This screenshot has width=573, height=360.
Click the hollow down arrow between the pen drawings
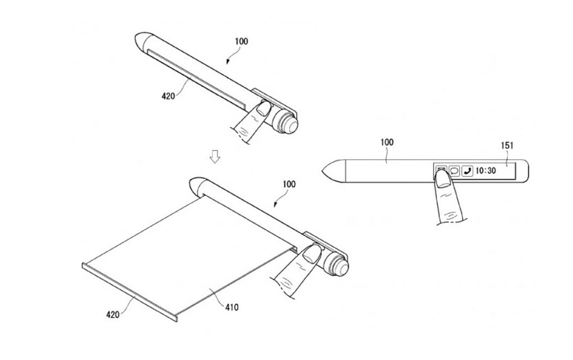click(x=215, y=156)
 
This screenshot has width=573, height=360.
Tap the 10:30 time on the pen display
click(x=486, y=171)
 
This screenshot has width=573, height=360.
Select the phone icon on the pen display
click(x=467, y=171)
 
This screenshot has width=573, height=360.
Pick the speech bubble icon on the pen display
click(x=454, y=171)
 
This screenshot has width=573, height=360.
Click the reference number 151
click(x=507, y=145)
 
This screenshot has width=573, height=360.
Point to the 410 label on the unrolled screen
click(x=232, y=307)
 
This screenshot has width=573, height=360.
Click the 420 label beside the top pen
click(x=168, y=96)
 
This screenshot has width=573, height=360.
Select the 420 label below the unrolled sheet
click(x=113, y=315)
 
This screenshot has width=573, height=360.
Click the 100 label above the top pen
click(x=242, y=41)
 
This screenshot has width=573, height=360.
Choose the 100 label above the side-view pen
click(x=387, y=142)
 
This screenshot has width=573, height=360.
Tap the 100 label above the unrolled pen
click(x=289, y=184)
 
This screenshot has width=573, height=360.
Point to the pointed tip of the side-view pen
click(x=322, y=171)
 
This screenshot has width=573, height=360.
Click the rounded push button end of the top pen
click(x=292, y=125)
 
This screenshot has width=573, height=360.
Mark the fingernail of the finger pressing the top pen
click(x=264, y=108)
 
